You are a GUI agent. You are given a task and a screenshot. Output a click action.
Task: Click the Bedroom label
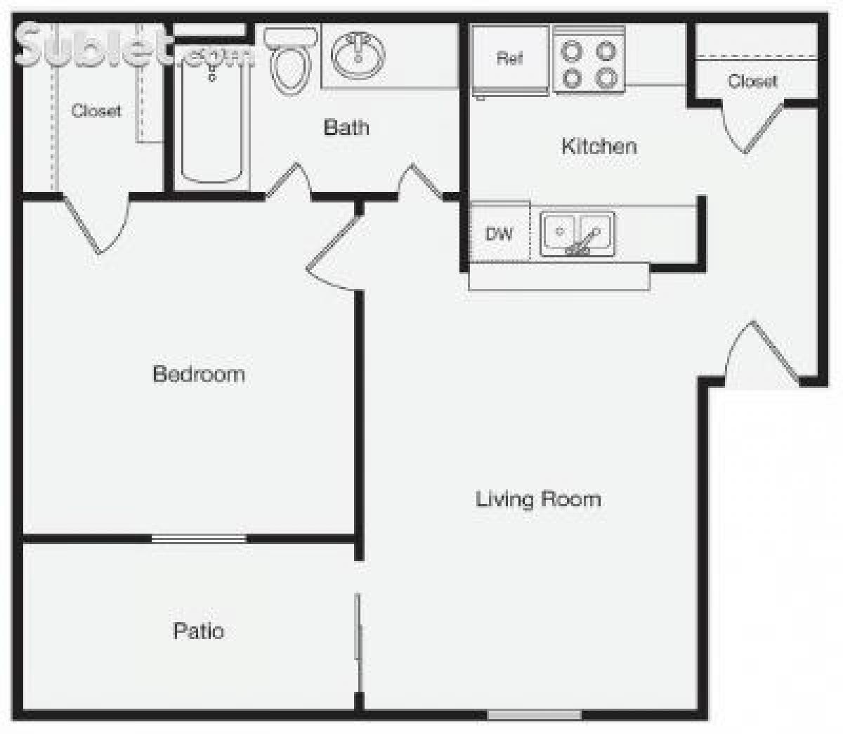199,373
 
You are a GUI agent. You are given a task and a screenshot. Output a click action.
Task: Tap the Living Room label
538,499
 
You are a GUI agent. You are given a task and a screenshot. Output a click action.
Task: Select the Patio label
199,631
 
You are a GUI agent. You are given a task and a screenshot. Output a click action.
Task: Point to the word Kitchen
599,146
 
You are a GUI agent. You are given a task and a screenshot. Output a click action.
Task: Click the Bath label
346,127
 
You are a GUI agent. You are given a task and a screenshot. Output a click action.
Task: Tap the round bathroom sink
358,55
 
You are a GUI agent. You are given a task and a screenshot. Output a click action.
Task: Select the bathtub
212,116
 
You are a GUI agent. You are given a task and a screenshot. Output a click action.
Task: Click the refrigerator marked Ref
510,59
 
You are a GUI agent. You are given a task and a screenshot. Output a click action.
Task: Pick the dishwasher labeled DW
499,233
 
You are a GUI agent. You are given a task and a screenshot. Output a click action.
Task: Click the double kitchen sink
577,234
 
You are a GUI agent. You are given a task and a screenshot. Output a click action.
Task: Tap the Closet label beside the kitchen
752,81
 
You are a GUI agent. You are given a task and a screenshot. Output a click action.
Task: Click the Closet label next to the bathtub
96,110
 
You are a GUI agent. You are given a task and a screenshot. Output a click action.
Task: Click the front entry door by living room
762,355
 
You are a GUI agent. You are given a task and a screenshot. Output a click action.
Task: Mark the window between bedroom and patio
199,539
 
